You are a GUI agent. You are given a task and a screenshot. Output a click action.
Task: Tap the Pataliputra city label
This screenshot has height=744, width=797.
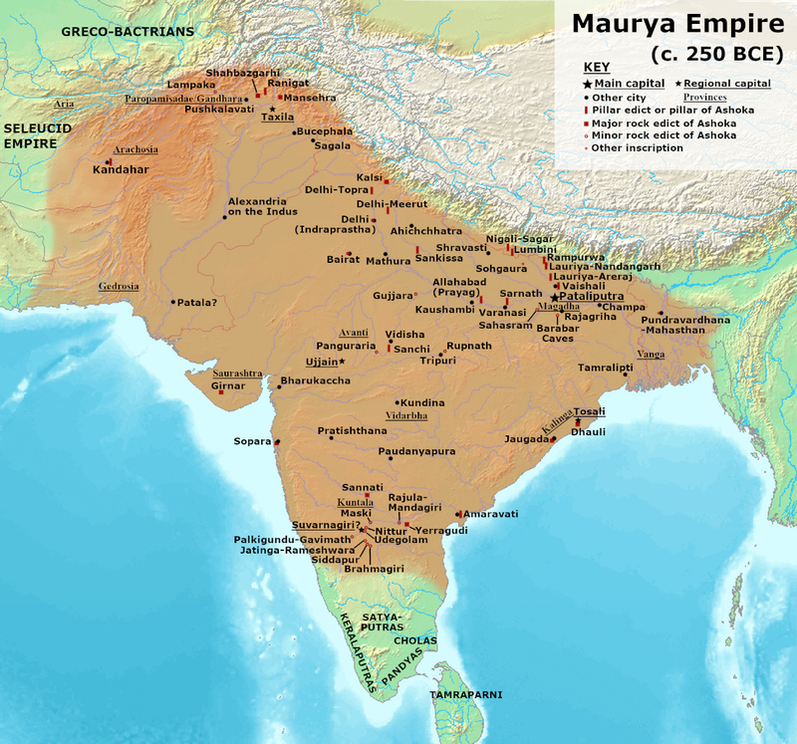click(x=597, y=297)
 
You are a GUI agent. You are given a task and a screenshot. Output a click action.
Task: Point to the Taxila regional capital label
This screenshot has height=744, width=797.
click(x=278, y=117)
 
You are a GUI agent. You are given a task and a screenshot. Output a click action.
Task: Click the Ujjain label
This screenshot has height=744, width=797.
click(x=321, y=361)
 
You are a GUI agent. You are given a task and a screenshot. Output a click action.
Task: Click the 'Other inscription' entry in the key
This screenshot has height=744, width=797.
click(x=637, y=147)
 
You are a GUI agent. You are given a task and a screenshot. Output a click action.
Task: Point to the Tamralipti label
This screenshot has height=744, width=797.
click(x=607, y=368)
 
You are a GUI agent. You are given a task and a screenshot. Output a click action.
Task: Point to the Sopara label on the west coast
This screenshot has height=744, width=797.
click(x=251, y=439)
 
